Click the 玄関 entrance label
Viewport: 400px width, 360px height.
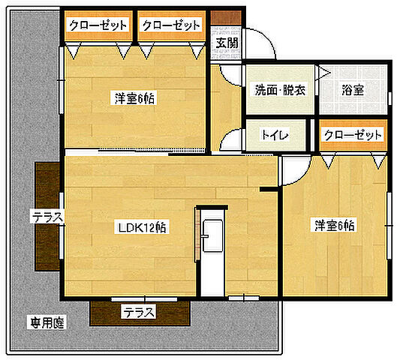pyautogui.click(x=227, y=43)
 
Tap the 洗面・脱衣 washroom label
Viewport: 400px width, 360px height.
pyautogui.click(x=279, y=90)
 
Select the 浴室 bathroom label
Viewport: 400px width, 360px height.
pyautogui.click(x=353, y=90)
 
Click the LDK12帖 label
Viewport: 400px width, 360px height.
pyautogui.click(x=141, y=228)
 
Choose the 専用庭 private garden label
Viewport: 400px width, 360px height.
pyautogui.click(x=48, y=323)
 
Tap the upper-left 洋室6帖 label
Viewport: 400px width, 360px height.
pyautogui.click(x=136, y=97)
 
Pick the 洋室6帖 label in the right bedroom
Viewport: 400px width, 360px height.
pyautogui.click(x=335, y=224)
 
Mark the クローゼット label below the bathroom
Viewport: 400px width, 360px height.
pyautogui.click(x=353, y=135)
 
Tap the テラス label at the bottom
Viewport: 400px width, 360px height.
pyautogui.click(x=139, y=312)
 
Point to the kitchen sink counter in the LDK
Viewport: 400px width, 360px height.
pyautogui.click(x=212, y=240)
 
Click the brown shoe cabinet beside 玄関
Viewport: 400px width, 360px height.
pyautogui.click(x=221, y=16)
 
